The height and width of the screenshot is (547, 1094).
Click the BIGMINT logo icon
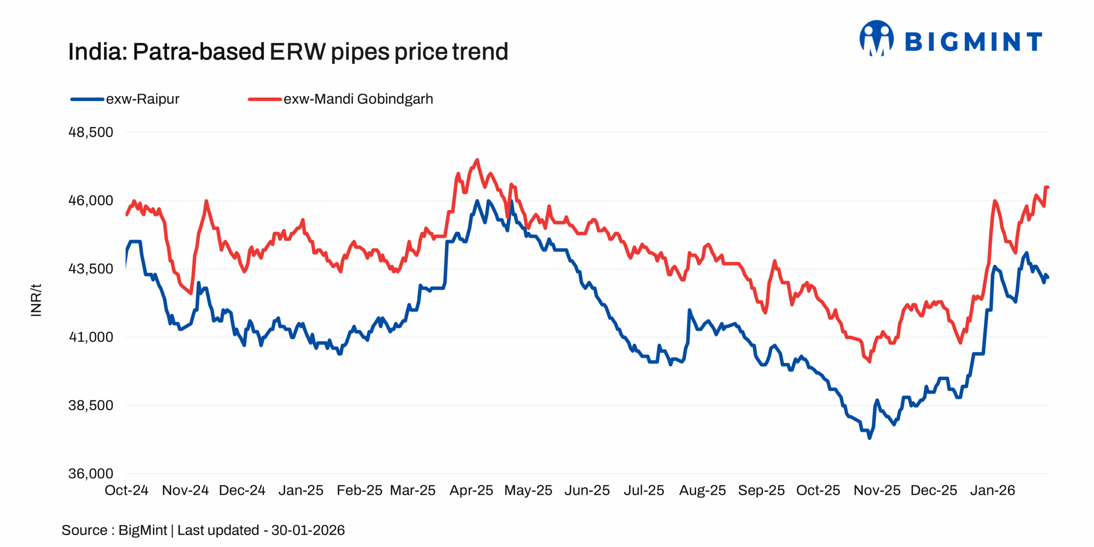[x=876, y=38]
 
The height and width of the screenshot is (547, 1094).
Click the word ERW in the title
[x=297, y=52]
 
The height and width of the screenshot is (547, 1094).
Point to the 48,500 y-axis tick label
[x=91, y=132]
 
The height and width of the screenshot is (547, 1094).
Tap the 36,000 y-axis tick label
[x=91, y=473]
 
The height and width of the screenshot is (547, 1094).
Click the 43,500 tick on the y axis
[x=91, y=269]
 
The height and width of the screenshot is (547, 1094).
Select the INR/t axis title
[x=36, y=300]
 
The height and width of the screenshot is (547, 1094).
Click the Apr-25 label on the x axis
[x=471, y=490]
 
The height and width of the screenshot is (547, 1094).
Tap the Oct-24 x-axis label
[x=126, y=490]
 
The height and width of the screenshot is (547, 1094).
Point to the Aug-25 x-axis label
[x=703, y=490]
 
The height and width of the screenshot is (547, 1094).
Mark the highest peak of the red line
[x=477, y=160]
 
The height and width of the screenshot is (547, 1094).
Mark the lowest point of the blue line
[x=869, y=438]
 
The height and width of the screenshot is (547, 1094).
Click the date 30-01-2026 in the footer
[x=308, y=530]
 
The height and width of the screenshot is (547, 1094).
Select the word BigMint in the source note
[x=142, y=530]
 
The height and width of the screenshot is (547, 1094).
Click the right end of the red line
[x=1047, y=187]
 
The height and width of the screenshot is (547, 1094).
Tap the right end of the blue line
[x=1047, y=277]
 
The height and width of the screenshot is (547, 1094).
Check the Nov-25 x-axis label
[x=877, y=490]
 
